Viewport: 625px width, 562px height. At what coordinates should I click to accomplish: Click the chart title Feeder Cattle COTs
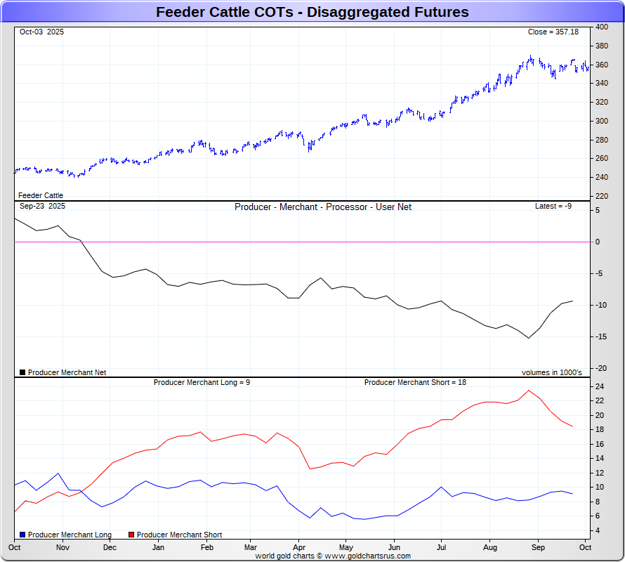[x=312, y=12]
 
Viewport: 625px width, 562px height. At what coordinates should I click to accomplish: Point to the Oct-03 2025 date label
[x=41, y=32]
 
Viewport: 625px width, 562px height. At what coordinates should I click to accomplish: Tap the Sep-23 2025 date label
[x=42, y=206]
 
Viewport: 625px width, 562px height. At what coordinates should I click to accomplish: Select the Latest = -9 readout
[x=553, y=206]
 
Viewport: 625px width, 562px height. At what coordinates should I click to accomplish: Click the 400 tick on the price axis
[x=602, y=27]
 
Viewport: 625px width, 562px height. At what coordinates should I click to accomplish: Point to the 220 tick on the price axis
[x=602, y=196]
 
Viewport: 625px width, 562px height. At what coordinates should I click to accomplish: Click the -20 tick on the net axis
[x=601, y=368]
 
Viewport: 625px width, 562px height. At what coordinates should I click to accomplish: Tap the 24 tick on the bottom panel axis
[x=600, y=386]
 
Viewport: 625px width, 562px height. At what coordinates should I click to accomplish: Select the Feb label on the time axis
[x=207, y=547]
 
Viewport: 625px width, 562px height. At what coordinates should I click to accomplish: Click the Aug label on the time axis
[x=490, y=547]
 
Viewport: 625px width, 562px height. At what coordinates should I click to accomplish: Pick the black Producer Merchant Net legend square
[x=22, y=372]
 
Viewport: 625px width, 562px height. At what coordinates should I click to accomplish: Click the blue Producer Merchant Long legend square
[x=22, y=535]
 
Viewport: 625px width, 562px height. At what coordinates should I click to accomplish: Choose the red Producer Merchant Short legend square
[x=131, y=535]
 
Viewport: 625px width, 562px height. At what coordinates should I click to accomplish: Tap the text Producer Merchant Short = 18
[x=415, y=382]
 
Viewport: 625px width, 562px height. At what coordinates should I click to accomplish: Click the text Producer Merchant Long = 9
[x=202, y=382]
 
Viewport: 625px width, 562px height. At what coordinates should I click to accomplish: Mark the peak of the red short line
[x=529, y=391]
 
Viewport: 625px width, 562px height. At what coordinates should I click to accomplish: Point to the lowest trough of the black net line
[x=529, y=338]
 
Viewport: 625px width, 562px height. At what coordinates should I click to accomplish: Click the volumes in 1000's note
[x=551, y=372]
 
